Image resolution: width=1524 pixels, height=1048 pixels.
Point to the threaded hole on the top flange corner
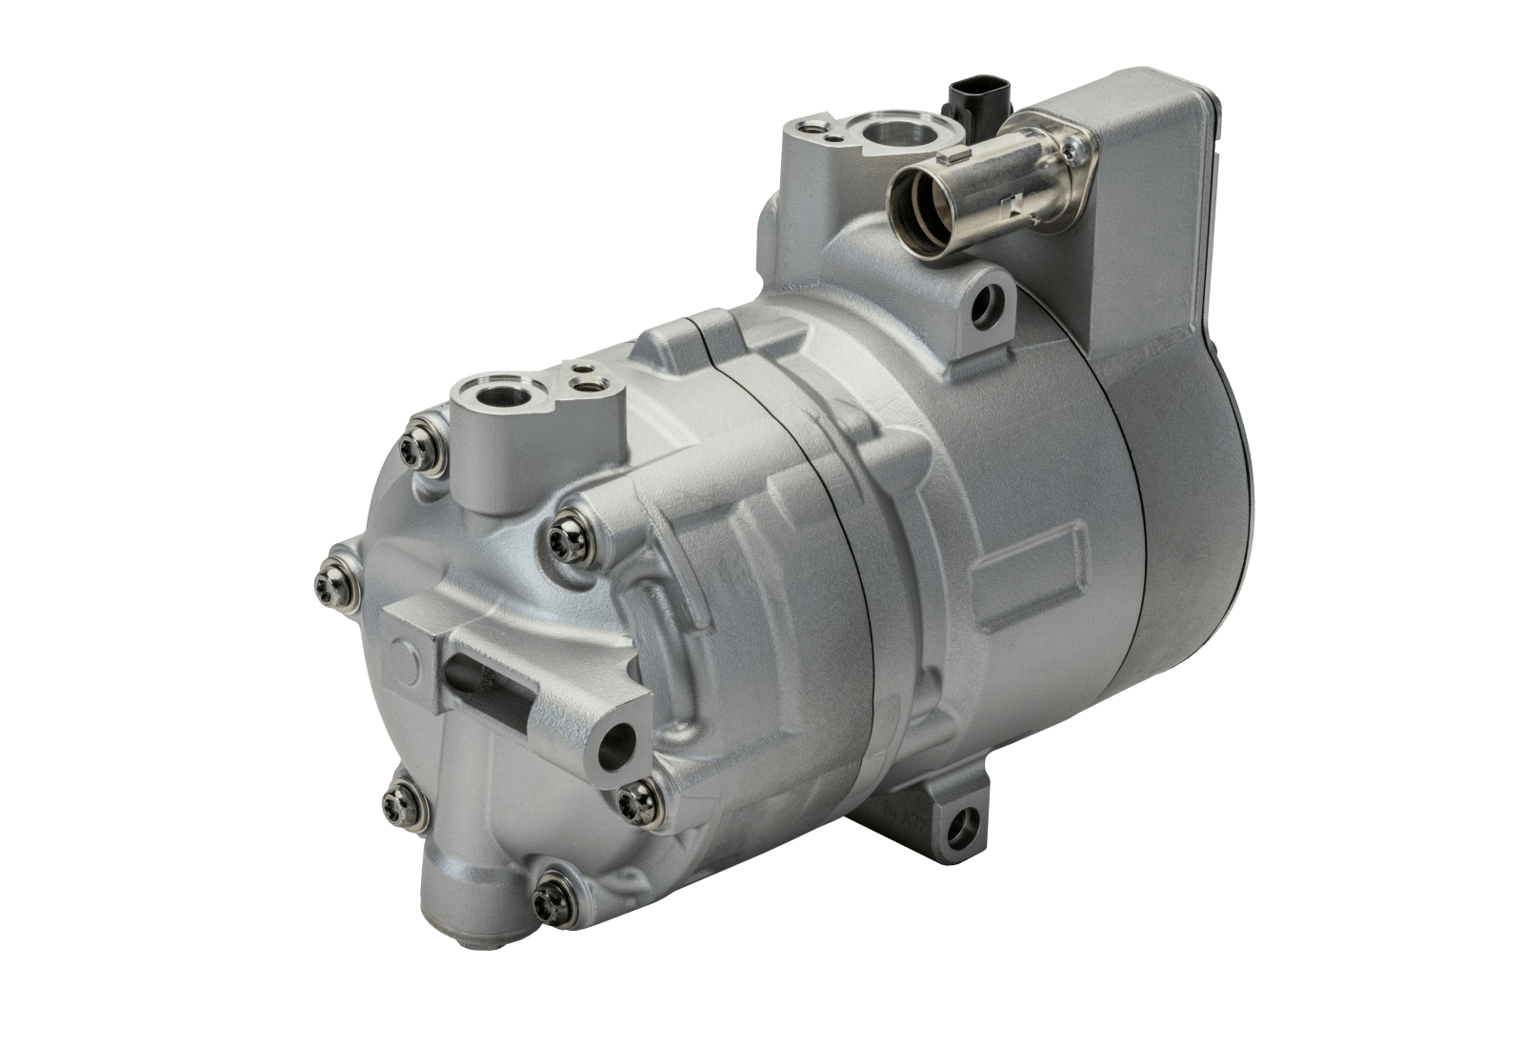pyautogui.click(x=812, y=124)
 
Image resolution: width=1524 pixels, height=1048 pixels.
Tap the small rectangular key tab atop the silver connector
pyautogui.click(x=956, y=157)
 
